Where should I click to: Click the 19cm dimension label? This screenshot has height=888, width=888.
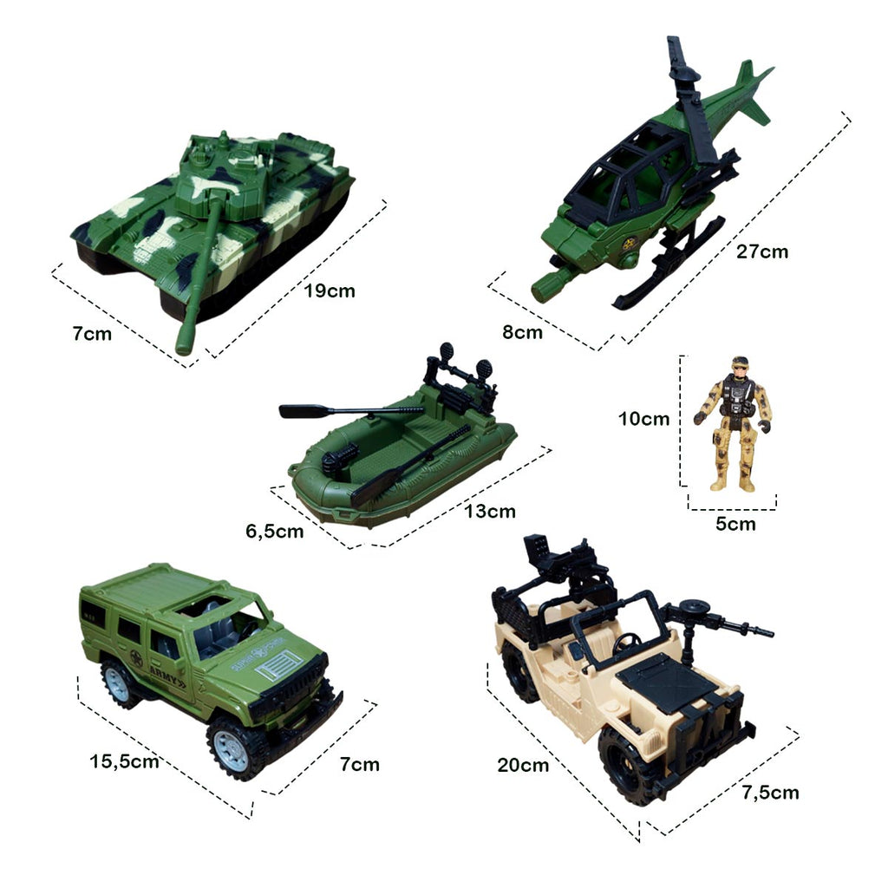330,291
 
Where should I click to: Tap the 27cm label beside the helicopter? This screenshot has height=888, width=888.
761,252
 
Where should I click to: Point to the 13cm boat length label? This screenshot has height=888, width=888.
488,512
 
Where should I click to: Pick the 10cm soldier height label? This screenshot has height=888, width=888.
643,419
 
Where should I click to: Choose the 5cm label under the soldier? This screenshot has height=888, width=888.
735,524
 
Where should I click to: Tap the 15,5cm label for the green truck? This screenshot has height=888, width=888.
124,762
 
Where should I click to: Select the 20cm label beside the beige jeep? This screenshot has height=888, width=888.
523,765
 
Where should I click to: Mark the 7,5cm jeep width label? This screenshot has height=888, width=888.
771,792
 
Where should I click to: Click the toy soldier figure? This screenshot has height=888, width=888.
733,421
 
